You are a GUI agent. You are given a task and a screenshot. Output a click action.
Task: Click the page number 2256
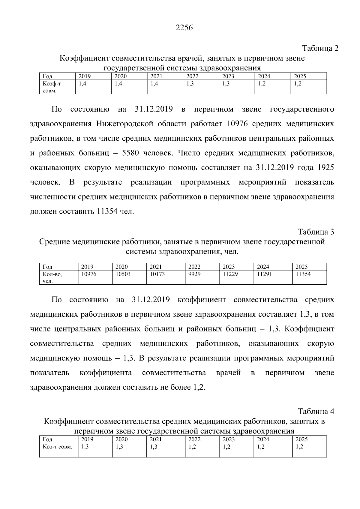[x=184, y=28]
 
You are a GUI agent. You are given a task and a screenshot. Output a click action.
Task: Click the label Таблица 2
[x=320, y=48]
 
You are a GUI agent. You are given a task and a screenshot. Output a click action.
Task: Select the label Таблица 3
[x=316, y=232]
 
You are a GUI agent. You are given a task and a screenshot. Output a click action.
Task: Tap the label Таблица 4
[x=316, y=411]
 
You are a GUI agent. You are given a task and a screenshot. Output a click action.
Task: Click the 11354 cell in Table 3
[x=303, y=274]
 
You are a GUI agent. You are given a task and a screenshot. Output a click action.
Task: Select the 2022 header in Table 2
[x=192, y=76]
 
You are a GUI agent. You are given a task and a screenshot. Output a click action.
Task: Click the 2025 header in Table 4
[x=301, y=439]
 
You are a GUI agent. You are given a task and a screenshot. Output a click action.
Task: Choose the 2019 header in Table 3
[x=87, y=267]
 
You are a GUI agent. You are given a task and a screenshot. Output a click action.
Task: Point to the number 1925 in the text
[x=325, y=167]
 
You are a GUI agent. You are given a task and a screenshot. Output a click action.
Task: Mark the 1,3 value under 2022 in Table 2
[x=190, y=84]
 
